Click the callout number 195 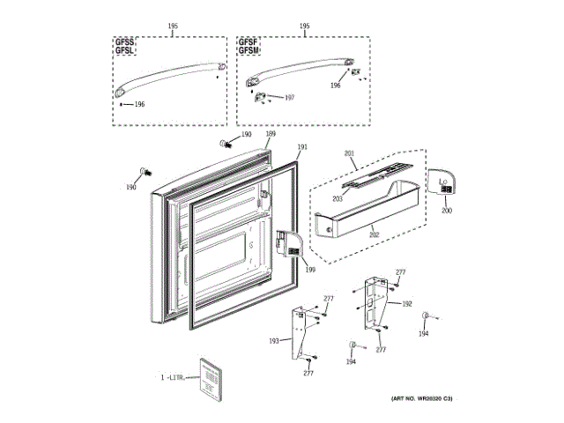173,26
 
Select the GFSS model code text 124,42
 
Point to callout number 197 289,98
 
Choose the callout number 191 302,146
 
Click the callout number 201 349,154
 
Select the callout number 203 337,199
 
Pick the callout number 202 374,234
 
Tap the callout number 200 446,211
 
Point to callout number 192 407,304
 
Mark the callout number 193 274,340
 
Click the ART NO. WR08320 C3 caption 420,399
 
